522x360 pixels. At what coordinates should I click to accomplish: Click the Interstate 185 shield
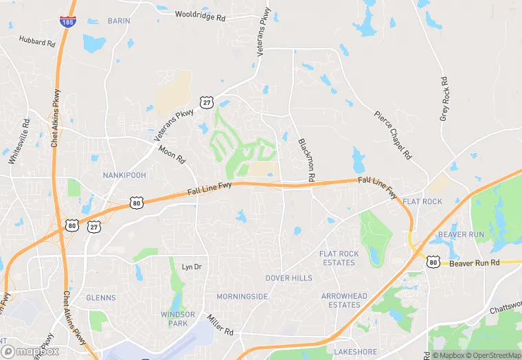67,22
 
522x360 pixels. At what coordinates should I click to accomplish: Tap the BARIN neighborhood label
118,21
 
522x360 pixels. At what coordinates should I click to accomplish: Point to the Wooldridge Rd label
201,14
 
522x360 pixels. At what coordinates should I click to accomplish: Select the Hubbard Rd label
37,43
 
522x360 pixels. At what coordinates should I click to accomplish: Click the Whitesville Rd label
19,142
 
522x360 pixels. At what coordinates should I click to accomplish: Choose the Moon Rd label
172,154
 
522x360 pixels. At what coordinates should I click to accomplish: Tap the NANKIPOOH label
124,175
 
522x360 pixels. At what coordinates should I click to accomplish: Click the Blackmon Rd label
306,159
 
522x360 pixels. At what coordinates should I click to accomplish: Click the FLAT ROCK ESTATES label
339,258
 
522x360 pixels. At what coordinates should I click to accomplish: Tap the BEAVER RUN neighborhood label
462,235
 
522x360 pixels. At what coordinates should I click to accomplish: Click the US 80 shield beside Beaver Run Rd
432,261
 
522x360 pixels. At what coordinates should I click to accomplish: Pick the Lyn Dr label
192,267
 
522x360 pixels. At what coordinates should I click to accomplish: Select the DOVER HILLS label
288,278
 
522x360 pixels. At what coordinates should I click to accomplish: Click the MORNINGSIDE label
242,297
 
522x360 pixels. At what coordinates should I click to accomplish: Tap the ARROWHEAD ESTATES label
344,300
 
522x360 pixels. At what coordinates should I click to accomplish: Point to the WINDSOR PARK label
178,318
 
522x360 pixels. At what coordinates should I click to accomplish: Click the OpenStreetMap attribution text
494,355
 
